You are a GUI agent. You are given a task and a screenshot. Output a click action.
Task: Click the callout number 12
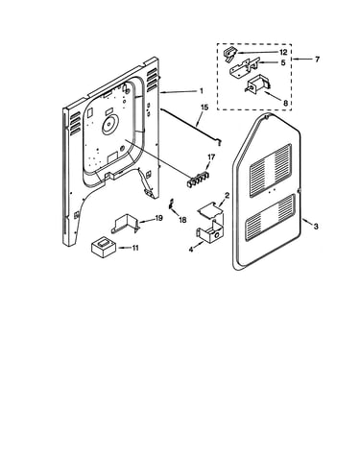point(283,52)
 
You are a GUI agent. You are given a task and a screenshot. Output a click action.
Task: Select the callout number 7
point(317,60)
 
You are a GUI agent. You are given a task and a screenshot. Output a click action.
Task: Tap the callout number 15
point(204,108)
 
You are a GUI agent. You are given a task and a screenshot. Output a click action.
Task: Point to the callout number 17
point(211,157)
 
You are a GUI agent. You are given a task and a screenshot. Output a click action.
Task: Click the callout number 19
point(158,218)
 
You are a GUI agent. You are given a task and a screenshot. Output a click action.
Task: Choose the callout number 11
point(135,248)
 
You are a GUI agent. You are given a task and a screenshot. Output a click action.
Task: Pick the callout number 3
point(316,227)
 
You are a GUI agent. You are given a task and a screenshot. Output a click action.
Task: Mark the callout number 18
point(182,220)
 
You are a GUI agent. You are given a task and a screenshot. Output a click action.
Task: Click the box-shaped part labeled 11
point(104,247)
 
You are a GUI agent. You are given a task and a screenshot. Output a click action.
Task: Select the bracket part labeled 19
point(126,223)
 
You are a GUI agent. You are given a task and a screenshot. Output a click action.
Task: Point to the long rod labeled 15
point(191,127)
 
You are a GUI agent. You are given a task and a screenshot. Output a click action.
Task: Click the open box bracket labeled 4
point(209,232)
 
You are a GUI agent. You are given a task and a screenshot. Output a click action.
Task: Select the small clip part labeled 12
point(229,54)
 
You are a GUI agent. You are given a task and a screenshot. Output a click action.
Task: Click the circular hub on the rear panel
point(110,125)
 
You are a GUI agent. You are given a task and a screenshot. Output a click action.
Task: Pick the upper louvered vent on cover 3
point(271,170)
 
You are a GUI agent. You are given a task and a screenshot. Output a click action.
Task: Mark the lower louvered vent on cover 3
point(270,218)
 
